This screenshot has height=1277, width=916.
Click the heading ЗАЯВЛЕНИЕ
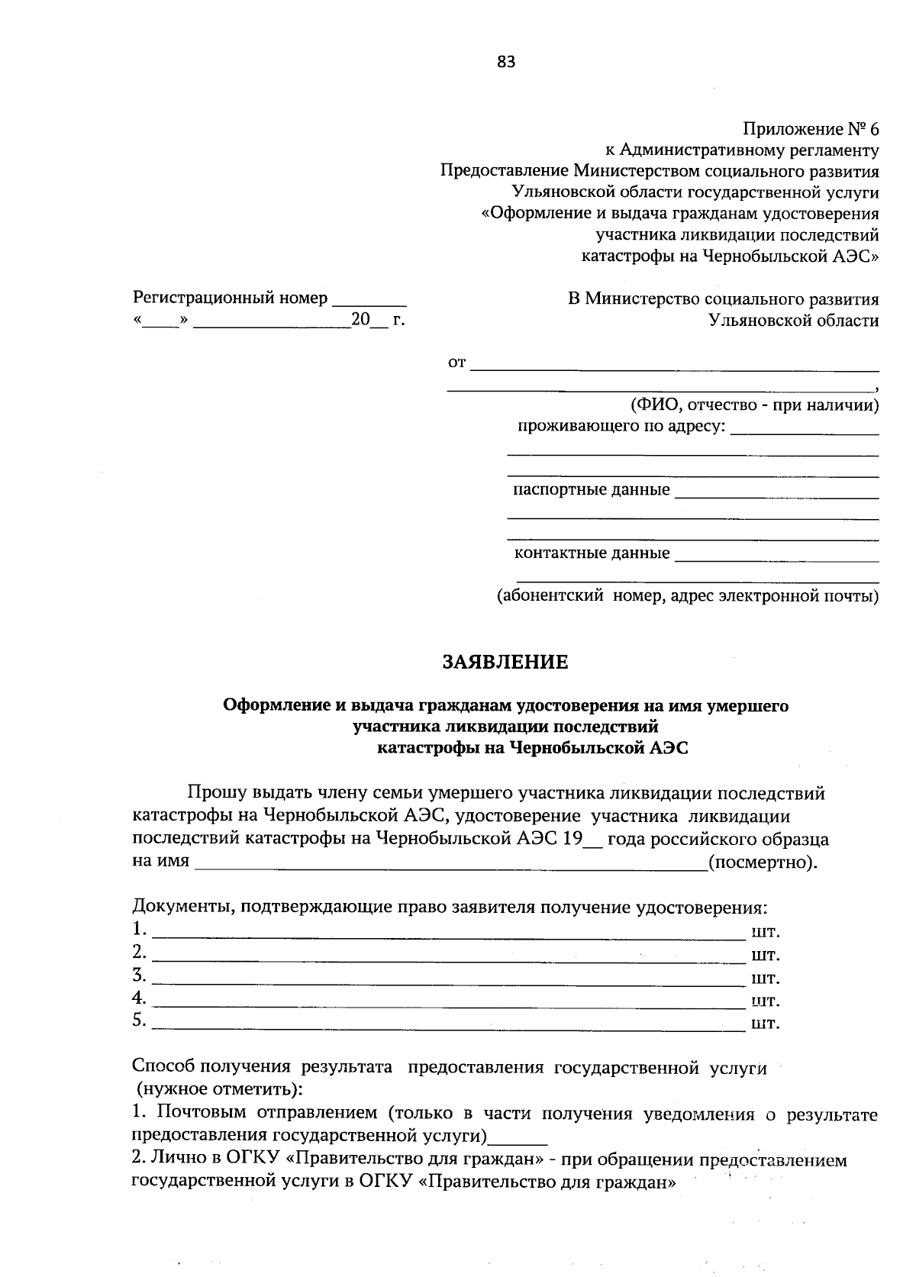(506, 662)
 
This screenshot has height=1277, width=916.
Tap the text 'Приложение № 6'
(811, 129)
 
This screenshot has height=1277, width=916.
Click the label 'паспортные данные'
(592, 489)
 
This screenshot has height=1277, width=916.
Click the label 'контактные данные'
(592, 553)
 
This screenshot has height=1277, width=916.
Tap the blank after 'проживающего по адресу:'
(805, 431)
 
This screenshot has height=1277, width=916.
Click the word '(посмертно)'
(763, 863)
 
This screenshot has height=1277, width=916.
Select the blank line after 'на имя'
(450, 866)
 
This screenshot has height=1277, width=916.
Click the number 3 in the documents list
(138, 974)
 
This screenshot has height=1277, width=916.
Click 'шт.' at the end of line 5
(766, 1023)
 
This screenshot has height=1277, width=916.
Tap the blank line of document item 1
(449, 934)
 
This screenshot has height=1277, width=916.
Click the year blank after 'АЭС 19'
(593, 842)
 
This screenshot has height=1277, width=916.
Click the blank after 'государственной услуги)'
(518, 1140)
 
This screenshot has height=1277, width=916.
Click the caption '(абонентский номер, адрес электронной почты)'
(688, 595)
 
